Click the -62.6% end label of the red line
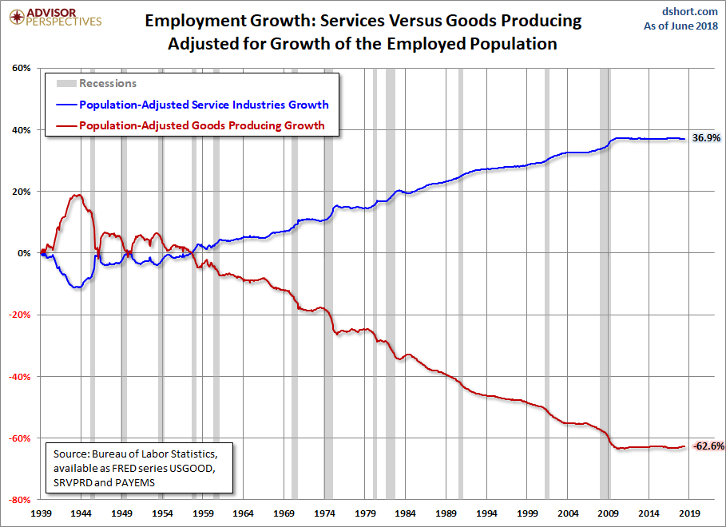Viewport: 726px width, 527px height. tap(708, 446)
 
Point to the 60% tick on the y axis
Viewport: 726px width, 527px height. tap(21, 68)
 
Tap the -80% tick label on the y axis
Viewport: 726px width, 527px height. tap(18, 500)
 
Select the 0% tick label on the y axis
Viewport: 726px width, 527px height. tap(23, 253)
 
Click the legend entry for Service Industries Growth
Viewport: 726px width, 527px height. tap(203, 105)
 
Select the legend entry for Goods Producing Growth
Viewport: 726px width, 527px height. tap(201, 125)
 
